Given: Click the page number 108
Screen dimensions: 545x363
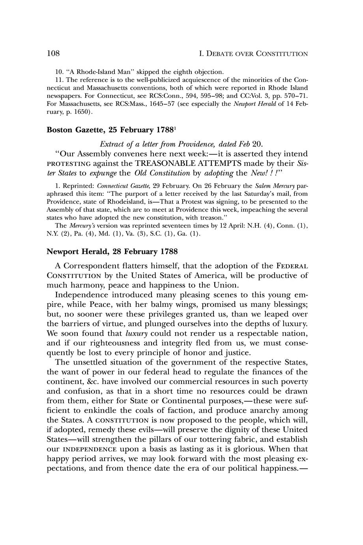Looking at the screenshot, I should coord(53,53).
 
